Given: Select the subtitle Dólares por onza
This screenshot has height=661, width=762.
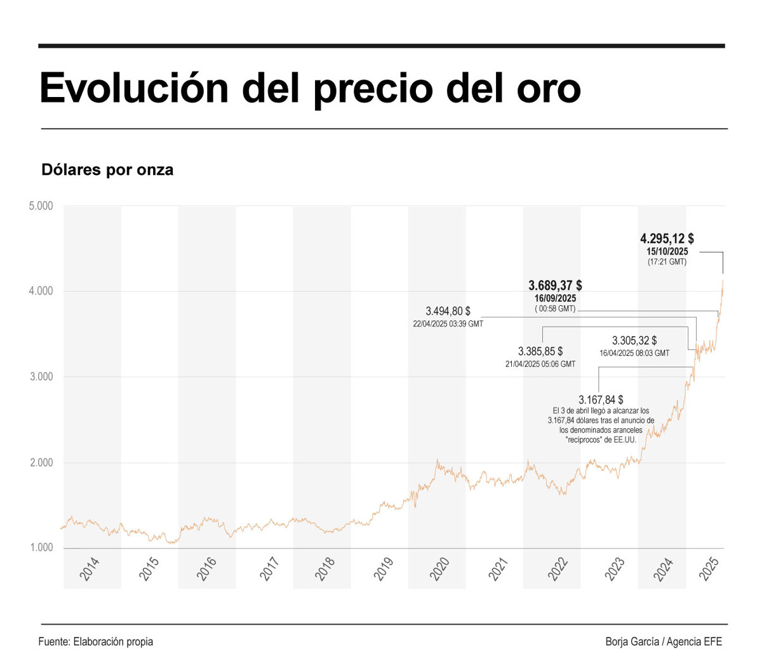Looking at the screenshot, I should click(107, 170).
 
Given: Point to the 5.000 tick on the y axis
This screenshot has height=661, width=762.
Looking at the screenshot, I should click(41, 206).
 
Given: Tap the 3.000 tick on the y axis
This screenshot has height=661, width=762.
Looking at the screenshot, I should click(41, 377).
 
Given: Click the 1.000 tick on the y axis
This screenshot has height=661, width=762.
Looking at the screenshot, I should click(41, 547).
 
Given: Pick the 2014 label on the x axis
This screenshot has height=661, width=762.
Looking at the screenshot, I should click(90, 568).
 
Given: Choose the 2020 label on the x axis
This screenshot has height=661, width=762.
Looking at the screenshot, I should click(439, 568).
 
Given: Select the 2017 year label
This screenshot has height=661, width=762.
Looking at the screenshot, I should click(269, 568).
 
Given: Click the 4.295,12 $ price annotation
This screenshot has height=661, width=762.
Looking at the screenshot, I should click(667, 239).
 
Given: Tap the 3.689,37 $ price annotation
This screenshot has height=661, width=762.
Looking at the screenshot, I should click(555, 285).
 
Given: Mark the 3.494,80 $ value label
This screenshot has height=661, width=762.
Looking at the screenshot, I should click(448, 311).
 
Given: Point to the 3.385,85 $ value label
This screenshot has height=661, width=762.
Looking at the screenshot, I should click(540, 351).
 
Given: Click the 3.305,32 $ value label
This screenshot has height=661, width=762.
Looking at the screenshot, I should click(634, 341).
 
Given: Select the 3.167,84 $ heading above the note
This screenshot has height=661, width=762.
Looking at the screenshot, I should click(601, 400).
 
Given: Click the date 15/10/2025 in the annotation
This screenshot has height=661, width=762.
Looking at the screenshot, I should click(667, 252).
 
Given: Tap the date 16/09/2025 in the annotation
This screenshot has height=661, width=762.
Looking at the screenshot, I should click(555, 298).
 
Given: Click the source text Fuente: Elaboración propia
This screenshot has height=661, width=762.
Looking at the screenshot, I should click(96, 641).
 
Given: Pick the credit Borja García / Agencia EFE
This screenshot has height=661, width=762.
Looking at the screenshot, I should click(664, 641).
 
